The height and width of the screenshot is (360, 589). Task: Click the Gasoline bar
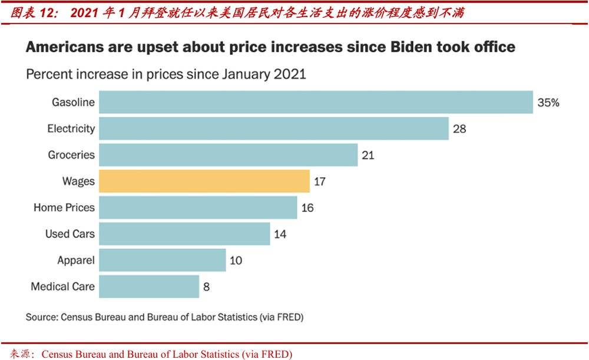316,102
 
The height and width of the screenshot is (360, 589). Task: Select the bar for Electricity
273,128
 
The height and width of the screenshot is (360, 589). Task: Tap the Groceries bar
228,155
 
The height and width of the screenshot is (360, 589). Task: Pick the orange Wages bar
204,181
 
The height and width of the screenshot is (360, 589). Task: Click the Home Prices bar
197,207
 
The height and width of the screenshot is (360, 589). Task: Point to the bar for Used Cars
184,234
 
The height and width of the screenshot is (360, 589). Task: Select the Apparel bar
162,260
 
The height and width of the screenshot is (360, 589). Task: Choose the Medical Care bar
148,286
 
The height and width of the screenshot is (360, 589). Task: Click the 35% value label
548,103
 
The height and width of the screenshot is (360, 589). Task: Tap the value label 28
459,128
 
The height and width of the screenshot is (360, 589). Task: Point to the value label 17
320,181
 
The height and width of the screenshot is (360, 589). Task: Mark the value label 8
206,287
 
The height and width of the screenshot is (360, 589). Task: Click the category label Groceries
71,155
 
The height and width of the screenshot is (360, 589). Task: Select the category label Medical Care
62,287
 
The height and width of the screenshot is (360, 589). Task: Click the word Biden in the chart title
412,47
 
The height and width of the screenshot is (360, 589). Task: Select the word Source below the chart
42,317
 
